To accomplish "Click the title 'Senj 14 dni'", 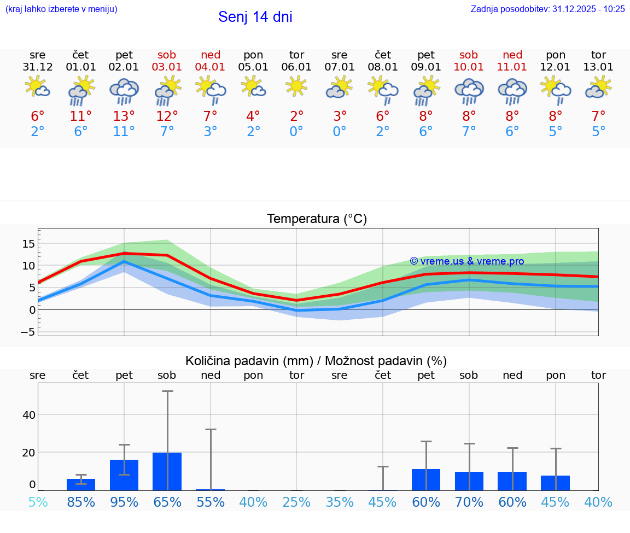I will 255,17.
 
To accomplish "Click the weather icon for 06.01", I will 296,86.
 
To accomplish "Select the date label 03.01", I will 167,67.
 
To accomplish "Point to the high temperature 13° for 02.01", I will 124,116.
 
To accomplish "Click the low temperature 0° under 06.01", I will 296,132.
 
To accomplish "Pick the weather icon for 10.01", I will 469,91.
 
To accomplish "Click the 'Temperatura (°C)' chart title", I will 317,219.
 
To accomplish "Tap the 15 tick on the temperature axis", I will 28,244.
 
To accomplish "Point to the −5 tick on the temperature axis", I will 27,332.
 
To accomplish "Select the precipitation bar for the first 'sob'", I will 167,471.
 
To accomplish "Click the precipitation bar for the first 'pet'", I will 124,475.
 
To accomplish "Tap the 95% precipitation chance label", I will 124,502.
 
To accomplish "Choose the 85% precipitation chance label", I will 81,502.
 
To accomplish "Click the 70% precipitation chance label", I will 469,502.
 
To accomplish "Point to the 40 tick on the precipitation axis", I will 28,415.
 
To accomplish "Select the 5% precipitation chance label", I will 38,502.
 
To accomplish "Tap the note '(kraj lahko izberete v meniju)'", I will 61,9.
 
